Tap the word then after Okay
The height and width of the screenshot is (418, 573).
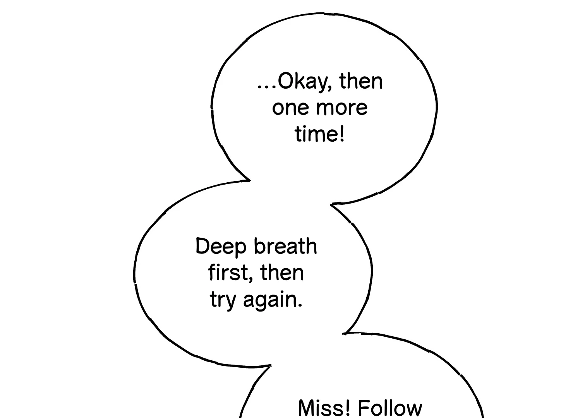pos(360,81)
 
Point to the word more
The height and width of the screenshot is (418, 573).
pos(338,108)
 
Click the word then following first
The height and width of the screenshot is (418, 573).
pos(282,272)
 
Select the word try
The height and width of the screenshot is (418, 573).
pos(223,300)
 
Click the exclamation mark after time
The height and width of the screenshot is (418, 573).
pos(341,134)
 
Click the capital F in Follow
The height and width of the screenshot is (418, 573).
pos(363,408)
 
